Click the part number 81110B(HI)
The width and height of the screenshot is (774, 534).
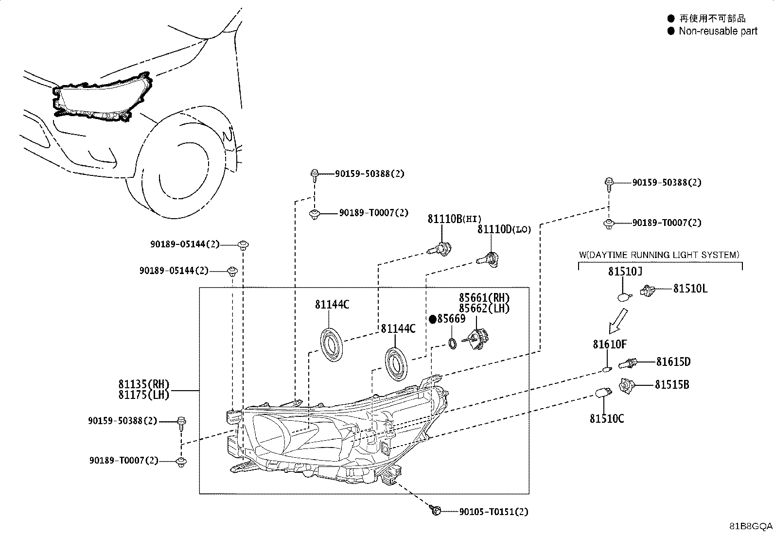point(455,219)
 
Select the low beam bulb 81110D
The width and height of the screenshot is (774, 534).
point(488,260)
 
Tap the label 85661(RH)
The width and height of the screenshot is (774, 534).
point(484,298)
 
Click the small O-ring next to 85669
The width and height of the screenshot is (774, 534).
point(452,344)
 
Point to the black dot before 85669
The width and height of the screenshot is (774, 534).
point(433,319)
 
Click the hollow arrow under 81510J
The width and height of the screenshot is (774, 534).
point(618,321)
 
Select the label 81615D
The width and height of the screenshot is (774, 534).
point(673,362)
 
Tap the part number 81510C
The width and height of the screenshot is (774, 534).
point(607,419)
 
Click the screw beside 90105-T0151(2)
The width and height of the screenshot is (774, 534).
point(435,510)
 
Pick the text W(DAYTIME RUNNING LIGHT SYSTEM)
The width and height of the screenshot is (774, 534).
point(659,255)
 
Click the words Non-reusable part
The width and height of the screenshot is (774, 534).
point(718,31)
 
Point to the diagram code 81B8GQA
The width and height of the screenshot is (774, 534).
point(751,526)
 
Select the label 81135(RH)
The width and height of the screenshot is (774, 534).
point(144,384)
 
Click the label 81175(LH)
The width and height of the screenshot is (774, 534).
point(144,395)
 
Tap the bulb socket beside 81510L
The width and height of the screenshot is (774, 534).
point(648,291)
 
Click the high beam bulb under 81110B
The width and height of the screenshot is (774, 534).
point(440,249)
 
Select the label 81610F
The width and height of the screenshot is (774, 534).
point(610,344)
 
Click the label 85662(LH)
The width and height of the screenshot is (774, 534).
point(484,308)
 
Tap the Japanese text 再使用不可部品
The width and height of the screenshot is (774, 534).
point(712,18)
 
